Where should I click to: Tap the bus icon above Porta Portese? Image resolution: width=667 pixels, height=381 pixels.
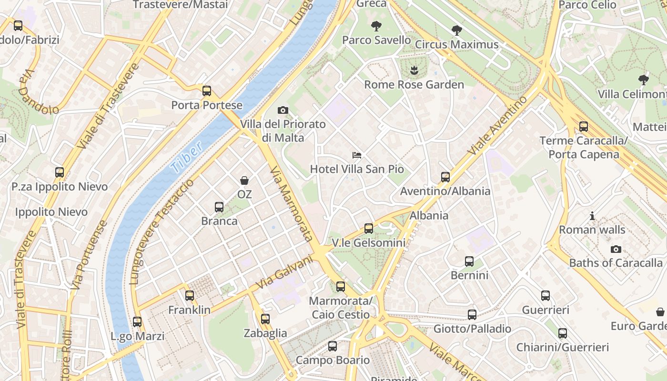click(206, 91)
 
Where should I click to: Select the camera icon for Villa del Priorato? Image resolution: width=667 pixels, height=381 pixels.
click(283, 110)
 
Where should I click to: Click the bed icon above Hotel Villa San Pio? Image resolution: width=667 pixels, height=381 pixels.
click(357, 155)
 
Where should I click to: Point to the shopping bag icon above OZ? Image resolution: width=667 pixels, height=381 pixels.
click(244, 180)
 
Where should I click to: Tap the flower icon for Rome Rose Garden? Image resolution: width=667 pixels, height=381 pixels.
click(414, 70)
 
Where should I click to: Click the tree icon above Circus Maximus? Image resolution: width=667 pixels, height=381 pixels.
click(456, 30)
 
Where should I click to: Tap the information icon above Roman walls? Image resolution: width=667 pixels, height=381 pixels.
click(592, 216)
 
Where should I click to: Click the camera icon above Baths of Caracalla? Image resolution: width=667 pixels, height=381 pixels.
click(616, 249)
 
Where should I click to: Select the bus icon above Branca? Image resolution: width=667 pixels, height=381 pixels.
click(219, 207)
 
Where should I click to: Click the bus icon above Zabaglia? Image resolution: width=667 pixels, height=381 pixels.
click(265, 319)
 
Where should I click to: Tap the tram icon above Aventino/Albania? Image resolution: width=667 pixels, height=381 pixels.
click(445, 177)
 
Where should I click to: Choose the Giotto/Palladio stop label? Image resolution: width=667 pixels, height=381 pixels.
click(472, 329)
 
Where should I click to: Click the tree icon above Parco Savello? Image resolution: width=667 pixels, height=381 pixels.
click(376, 26)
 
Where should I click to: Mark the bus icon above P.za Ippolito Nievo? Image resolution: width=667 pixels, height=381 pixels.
click(60, 172)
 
